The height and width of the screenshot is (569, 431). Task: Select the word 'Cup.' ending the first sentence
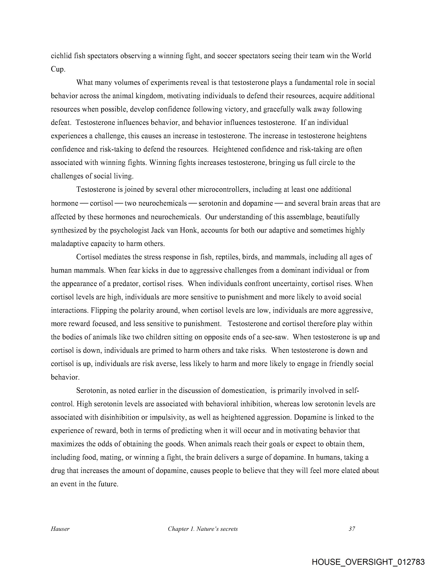pos(58,69)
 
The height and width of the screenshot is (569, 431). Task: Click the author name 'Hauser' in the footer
pos(60,529)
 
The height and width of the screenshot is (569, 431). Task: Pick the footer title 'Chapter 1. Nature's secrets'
pos(203,529)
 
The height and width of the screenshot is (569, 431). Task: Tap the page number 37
pos(352,529)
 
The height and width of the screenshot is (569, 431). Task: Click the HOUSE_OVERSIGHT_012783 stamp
pos(368,562)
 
